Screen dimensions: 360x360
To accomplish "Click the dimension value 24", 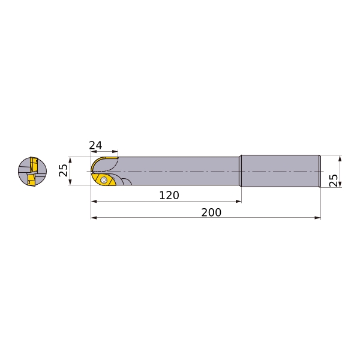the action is point(95,145).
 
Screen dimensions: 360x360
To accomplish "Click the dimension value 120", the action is point(169,195).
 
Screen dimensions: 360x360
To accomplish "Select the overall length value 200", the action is point(211,212).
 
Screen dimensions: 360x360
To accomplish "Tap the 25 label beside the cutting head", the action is point(64,170).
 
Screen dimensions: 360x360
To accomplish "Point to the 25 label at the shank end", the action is point(333,180).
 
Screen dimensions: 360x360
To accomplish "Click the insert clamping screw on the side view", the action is point(104,180).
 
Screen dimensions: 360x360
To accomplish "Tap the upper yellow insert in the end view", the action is point(34,163).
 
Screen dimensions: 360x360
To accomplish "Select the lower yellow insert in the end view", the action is point(31,179).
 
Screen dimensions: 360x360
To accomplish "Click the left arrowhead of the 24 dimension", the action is point(94,152).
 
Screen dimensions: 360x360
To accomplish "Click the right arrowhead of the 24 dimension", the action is point(115,152).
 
